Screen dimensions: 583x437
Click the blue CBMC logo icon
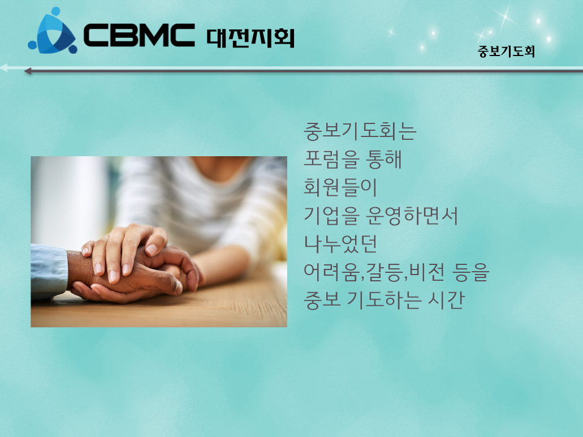pos(53,31)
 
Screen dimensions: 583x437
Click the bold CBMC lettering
pos(139,35)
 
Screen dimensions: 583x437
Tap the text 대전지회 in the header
pos(251,38)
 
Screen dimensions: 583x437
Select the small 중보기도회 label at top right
pos(506,52)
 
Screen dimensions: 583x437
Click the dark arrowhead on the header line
pos(28,71)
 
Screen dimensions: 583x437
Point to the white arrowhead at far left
pos(4,68)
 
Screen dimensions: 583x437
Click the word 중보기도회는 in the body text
pos(360,131)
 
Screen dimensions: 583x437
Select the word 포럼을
pos(332,159)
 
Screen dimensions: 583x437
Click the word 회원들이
pos(340,187)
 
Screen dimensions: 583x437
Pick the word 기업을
pos(332,216)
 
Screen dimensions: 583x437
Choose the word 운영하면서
pos(412,216)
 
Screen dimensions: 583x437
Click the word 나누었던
pos(340,244)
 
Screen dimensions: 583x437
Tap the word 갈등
pos(384,272)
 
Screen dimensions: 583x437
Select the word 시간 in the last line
pos(446,300)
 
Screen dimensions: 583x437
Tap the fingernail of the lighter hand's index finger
pos(152,249)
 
